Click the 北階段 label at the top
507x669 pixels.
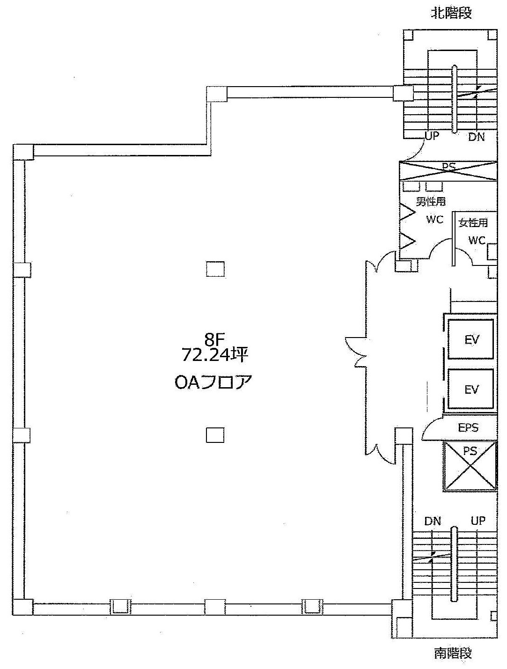(x=451, y=13)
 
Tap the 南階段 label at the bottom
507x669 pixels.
(x=453, y=653)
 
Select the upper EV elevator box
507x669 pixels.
(x=470, y=339)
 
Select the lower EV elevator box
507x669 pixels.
(x=470, y=389)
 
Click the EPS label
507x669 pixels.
(x=468, y=427)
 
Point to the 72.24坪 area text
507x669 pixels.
(x=214, y=354)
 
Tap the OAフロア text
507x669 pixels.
(x=213, y=382)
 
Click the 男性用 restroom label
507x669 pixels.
(x=431, y=201)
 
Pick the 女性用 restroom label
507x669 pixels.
(x=473, y=223)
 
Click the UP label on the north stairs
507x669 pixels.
(x=432, y=136)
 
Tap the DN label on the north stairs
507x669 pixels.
(x=477, y=137)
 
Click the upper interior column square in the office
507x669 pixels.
(x=215, y=269)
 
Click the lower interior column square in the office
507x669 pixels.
(x=215, y=435)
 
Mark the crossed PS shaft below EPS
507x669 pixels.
(x=470, y=465)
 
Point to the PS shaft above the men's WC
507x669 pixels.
(x=448, y=171)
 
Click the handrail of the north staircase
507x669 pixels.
(x=454, y=99)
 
